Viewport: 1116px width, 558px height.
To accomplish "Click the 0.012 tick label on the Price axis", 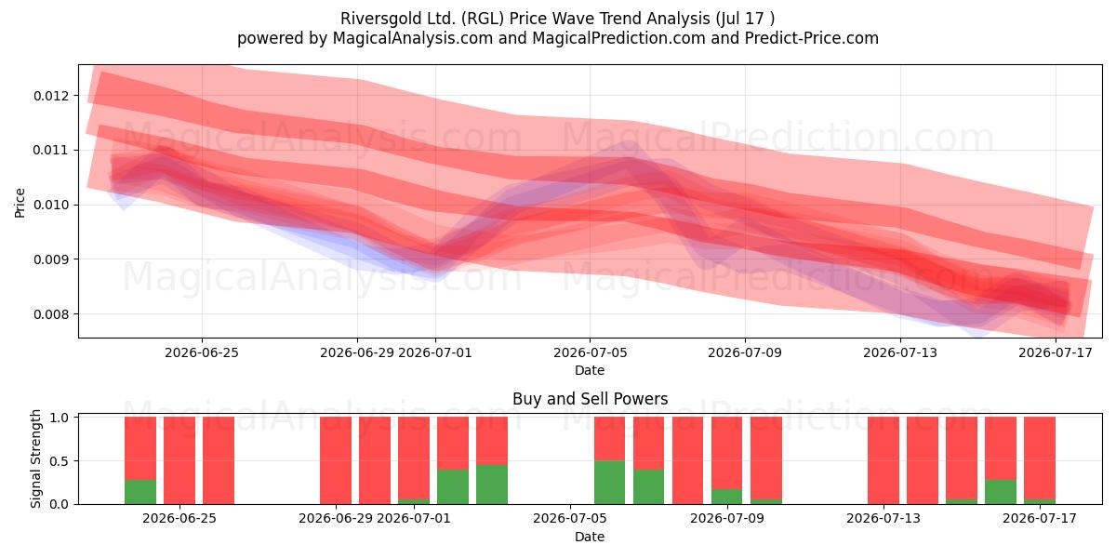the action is (52, 96).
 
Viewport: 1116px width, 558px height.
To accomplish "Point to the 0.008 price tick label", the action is (52, 314).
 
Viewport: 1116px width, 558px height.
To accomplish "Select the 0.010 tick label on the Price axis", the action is (52, 205).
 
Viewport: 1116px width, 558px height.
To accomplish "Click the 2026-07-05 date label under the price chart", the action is (590, 352).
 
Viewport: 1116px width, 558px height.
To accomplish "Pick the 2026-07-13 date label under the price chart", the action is (900, 352).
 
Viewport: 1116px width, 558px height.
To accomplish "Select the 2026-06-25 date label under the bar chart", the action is (179, 518).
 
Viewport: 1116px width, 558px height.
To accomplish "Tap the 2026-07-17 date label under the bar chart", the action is (1040, 518).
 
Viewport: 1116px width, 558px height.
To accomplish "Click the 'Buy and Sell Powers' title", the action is (590, 399).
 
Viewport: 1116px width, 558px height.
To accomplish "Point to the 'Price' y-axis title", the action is (20, 203).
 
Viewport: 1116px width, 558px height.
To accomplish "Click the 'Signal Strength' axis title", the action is (35, 458).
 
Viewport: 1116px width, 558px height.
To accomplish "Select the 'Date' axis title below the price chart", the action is (590, 370).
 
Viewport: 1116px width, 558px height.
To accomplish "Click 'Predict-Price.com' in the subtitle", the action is (812, 38).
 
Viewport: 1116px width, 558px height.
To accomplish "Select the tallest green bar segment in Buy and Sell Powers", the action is (610, 483).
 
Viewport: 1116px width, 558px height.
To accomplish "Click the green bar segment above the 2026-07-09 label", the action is (727, 497).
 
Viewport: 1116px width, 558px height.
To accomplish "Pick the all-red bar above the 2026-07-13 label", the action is (883, 460).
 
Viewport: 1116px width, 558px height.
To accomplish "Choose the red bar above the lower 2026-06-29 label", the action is (336, 460).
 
